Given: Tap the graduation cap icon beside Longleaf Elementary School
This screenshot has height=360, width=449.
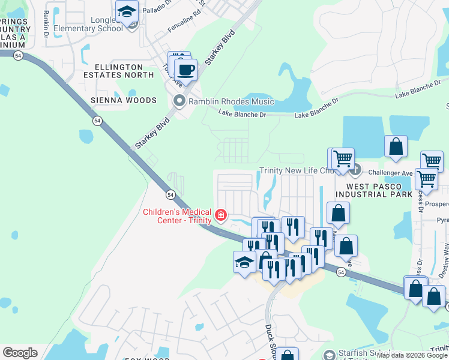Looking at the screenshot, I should (127, 12).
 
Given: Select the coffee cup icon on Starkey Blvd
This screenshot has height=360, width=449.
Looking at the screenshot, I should (186, 70).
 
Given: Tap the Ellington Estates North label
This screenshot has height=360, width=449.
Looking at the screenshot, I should (118, 71).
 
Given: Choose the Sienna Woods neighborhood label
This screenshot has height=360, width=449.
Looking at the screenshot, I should (124, 100).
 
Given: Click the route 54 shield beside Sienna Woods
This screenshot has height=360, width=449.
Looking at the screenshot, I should (97, 121).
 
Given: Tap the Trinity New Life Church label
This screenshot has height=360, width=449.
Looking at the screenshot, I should (296, 171).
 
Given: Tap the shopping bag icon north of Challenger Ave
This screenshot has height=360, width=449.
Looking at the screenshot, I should (396, 146).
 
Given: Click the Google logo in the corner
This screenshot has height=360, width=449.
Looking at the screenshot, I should (20, 353).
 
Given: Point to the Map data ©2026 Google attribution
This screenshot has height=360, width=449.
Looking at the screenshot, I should (412, 356).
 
